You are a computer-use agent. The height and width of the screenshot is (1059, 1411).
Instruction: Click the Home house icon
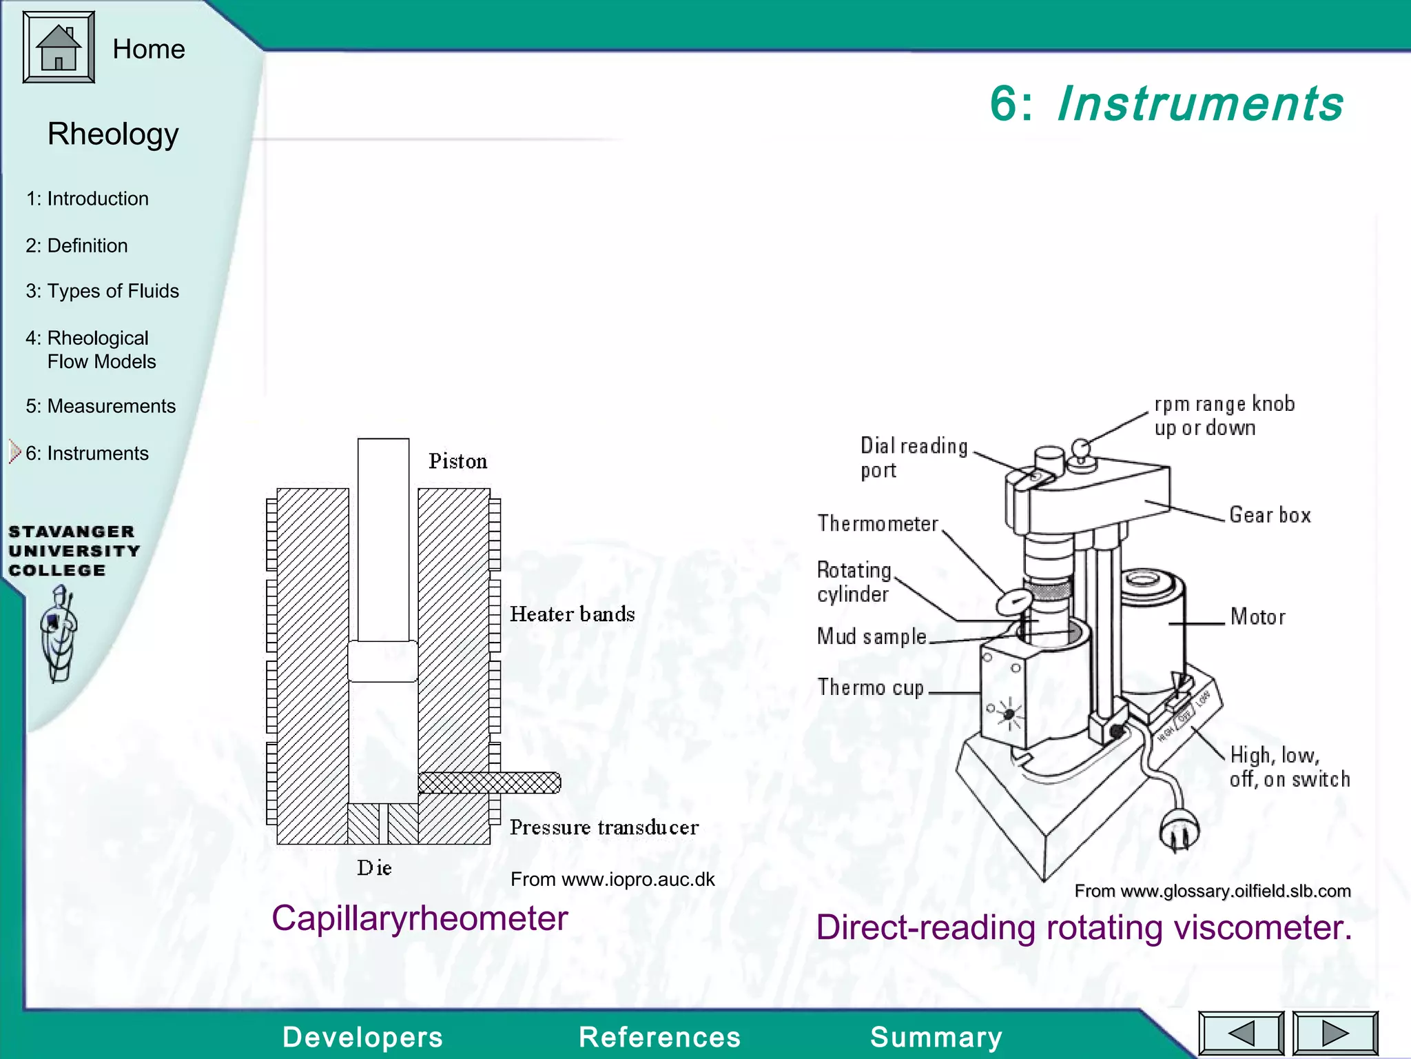click(59, 48)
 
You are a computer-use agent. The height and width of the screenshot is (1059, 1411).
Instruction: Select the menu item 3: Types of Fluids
click(102, 291)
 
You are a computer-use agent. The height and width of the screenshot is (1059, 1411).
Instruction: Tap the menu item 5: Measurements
click(101, 406)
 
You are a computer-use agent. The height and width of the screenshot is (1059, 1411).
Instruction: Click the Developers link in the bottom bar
click(362, 1037)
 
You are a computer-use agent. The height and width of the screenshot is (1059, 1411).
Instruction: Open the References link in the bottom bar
click(659, 1037)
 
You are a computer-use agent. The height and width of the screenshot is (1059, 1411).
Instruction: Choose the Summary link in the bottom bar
click(936, 1037)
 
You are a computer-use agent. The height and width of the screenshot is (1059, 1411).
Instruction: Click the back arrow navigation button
click(1241, 1033)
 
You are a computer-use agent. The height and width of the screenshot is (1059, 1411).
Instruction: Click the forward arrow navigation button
click(1335, 1033)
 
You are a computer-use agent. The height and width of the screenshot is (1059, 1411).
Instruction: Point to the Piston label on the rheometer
click(457, 461)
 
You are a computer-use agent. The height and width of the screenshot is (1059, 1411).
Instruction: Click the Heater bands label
click(572, 614)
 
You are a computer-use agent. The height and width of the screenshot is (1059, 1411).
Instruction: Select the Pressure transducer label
click(604, 827)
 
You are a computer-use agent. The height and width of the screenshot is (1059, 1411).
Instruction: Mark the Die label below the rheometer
click(374, 868)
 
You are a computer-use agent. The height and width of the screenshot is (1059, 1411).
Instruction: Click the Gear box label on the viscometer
click(1270, 515)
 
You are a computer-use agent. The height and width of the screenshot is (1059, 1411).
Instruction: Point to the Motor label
click(1257, 616)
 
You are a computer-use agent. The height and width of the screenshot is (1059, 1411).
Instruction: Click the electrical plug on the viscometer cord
click(1179, 831)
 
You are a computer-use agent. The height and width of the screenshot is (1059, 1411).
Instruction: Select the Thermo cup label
click(870, 687)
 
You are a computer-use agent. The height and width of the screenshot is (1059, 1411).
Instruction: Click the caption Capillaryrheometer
click(420, 918)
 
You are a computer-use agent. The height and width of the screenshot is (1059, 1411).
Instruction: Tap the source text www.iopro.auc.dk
click(612, 879)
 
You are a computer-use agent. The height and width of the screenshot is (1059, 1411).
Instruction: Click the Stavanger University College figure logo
click(59, 634)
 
